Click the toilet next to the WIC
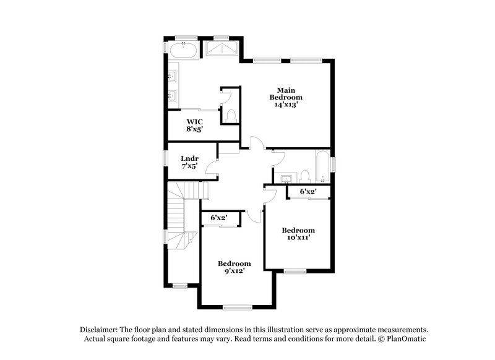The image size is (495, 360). pos(231,115)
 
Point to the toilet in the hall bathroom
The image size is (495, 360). pos(305,176)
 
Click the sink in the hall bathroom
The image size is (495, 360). pos(285,179)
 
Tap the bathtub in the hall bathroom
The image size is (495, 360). pos(322,166)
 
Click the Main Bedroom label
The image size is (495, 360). pos(286,93)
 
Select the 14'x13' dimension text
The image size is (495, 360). pos(286,105)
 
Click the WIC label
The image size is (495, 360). pos(195,121)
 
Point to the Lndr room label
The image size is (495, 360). pos(189,158)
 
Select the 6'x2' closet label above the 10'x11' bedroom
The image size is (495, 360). pos(308,192)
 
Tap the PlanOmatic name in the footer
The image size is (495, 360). pos(403,339)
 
